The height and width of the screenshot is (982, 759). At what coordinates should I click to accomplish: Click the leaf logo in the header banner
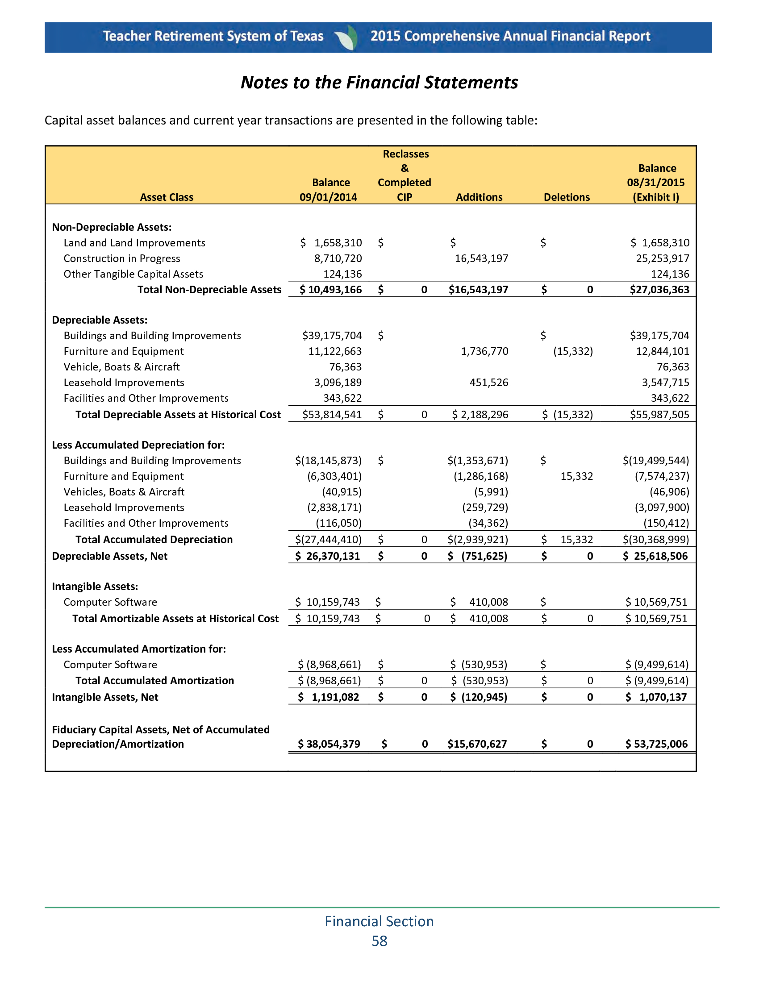pyautogui.click(x=346, y=37)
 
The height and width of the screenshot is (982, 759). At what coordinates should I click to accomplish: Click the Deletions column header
pyautogui.click(x=567, y=197)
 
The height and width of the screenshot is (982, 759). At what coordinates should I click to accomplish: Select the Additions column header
pyautogui.click(x=479, y=197)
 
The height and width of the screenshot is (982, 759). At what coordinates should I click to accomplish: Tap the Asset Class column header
pyautogui.click(x=167, y=197)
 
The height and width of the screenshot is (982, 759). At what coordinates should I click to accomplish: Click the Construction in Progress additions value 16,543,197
pyautogui.click(x=481, y=258)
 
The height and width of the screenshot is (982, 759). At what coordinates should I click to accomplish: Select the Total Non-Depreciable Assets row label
pyautogui.click(x=209, y=290)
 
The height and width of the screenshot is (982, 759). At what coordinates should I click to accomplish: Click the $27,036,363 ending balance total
pyautogui.click(x=659, y=290)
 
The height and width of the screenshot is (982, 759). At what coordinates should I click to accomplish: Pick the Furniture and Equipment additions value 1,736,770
pyautogui.click(x=484, y=351)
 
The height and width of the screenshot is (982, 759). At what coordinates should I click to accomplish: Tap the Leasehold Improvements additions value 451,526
pyautogui.click(x=489, y=383)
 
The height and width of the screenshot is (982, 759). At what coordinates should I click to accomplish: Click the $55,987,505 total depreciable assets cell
pyautogui.click(x=659, y=415)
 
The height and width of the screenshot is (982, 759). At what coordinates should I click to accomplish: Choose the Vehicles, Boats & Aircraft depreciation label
pyautogui.click(x=124, y=492)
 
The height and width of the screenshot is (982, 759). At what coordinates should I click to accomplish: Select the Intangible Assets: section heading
pyautogui.click(x=95, y=587)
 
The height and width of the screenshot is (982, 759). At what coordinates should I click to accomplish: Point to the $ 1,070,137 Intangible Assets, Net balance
pyautogui.click(x=657, y=697)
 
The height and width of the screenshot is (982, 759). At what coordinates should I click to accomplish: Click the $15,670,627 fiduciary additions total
pyautogui.click(x=477, y=744)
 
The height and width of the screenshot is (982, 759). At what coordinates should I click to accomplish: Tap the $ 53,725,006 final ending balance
pyautogui.click(x=656, y=744)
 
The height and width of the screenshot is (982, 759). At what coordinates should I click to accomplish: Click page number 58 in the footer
pyautogui.click(x=379, y=941)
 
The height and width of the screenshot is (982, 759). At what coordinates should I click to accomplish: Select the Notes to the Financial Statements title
pyautogui.click(x=379, y=82)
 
